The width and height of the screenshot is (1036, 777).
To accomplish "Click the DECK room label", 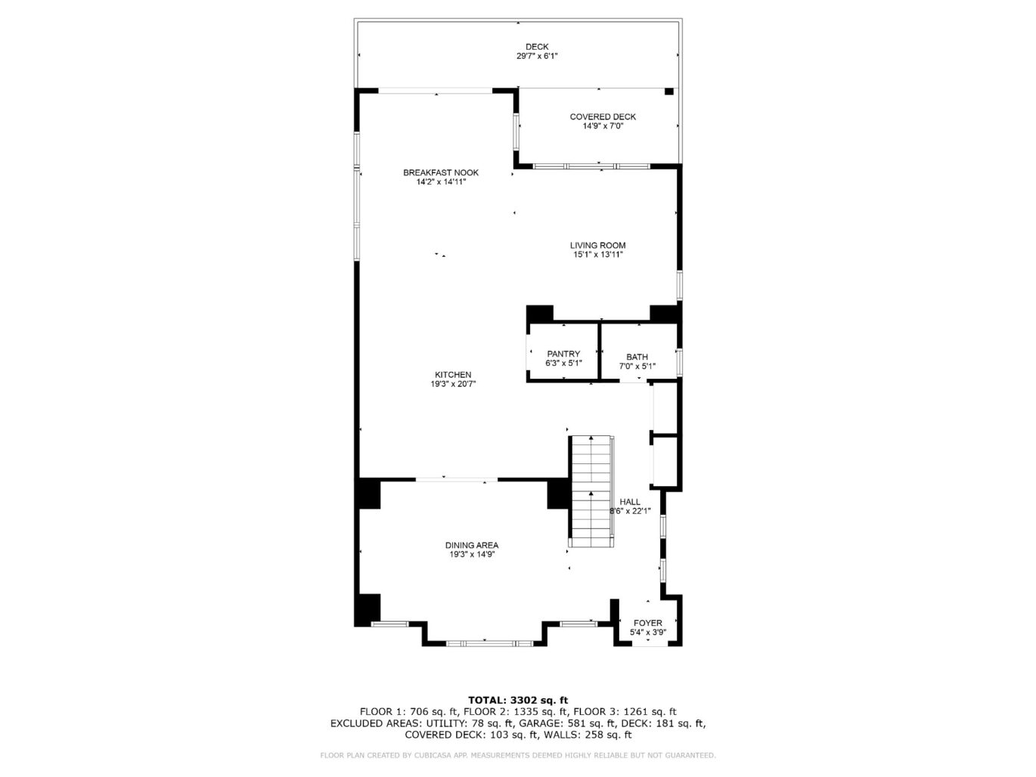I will [x=537, y=47].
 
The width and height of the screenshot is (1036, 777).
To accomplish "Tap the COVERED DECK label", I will [x=603, y=116].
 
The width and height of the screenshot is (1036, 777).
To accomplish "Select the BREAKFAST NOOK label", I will [x=441, y=172].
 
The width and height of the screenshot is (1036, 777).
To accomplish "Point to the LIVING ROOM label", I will [x=597, y=245].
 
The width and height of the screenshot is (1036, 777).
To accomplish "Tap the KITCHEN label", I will [x=453, y=375].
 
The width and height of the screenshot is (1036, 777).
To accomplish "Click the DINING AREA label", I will [x=471, y=545].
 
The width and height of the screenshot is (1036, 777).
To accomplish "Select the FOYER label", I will [x=648, y=623].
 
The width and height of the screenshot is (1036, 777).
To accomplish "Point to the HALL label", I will [x=630, y=502].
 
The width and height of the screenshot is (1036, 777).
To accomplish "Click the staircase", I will [x=591, y=491].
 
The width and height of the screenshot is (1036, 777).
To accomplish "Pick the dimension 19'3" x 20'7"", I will [x=453, y=384].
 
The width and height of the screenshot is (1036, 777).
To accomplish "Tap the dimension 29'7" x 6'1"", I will [x=537, y=56].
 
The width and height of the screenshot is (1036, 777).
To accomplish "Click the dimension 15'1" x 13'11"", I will [x=597, y=255].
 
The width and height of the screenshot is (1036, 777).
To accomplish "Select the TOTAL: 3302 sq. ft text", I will [x=518, y=700].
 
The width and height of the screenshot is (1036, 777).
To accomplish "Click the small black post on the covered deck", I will [x=668, y=91].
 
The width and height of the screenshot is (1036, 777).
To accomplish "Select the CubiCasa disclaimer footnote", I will [x=518, y=755].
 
